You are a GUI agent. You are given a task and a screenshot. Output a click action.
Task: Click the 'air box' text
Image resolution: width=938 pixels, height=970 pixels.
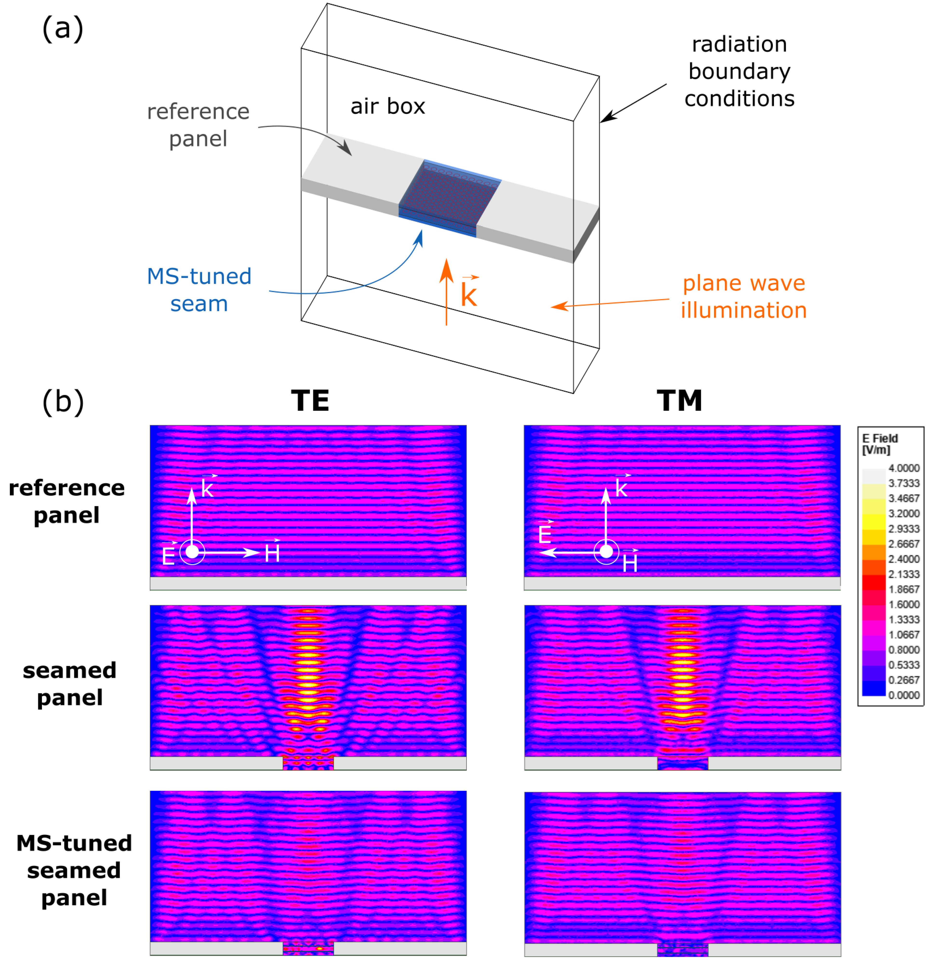[387, 106]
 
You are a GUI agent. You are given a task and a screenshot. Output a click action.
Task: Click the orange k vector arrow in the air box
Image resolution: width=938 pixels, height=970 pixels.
[446, 292]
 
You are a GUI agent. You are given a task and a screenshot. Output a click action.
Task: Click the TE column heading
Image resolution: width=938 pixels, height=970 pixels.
[310, 401]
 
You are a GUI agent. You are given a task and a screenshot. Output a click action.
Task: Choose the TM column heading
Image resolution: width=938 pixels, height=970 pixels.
[679, 401]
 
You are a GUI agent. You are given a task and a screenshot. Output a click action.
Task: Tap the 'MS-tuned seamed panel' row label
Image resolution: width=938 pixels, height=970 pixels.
[74, 870]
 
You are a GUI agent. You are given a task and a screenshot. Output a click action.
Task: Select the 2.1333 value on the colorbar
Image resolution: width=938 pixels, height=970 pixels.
[903, 574]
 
